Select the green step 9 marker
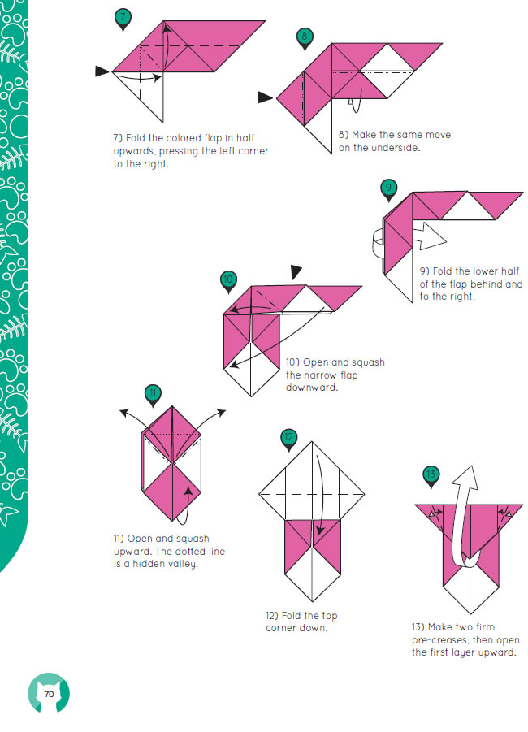tap(388, 189)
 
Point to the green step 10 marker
tap(227, 281)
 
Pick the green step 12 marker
tap(289, 439)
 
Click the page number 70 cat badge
tap(49, 693)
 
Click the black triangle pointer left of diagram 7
tap(102, 71)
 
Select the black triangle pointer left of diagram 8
tap(265, 97)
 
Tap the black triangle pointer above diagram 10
tap(296, 271)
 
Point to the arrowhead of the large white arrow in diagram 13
tap(467, 477)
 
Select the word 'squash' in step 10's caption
tap(368, 362)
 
